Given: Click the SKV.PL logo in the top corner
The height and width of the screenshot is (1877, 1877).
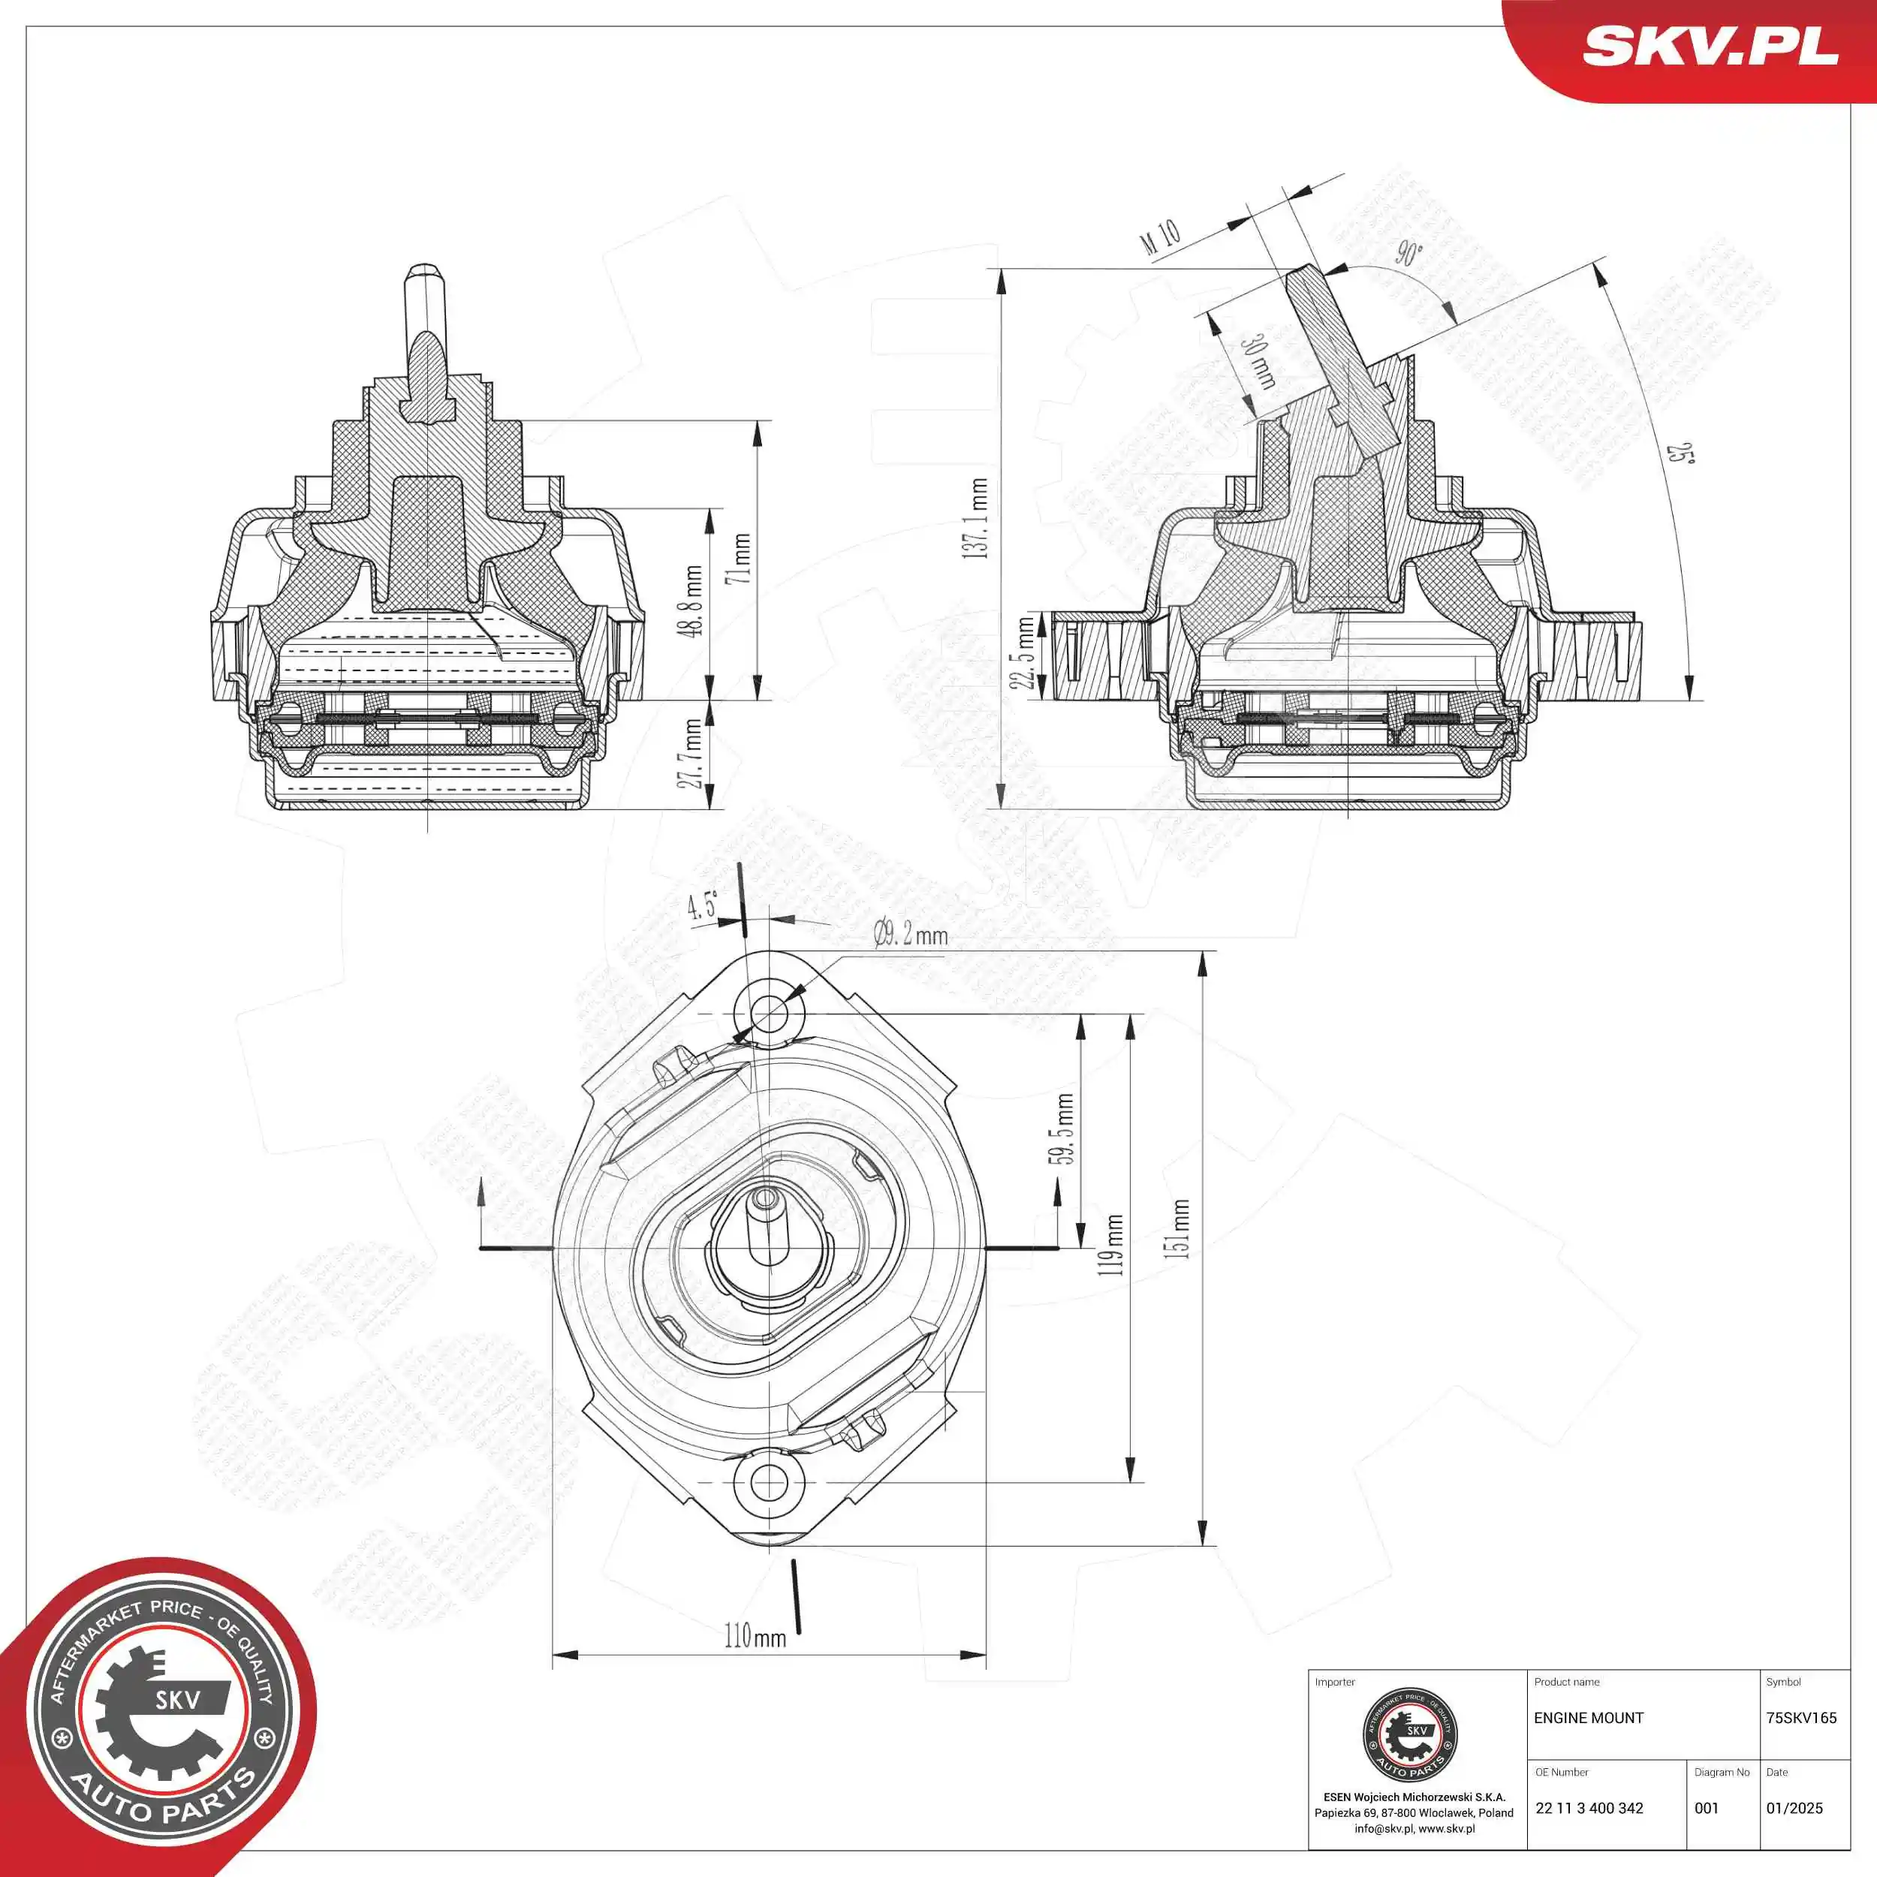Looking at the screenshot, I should [x=1710, y=47].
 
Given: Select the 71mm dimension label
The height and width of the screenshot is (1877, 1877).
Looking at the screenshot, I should [x=743, y=558].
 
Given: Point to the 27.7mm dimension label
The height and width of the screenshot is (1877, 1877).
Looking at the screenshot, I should [x=691, y=753].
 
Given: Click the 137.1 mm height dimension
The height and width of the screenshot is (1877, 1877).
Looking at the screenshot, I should [x=978, y=518].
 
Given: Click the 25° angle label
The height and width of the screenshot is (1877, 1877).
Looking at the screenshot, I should [x=1679, y=453].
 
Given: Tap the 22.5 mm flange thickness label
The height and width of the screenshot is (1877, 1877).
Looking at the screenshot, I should [x=1024, y=653].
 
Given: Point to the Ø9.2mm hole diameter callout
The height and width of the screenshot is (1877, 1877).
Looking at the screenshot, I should [x=910, y=935].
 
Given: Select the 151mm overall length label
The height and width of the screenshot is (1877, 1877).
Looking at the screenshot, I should [x=1179, y=1229].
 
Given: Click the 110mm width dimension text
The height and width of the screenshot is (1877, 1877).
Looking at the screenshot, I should [x=755, y=1636].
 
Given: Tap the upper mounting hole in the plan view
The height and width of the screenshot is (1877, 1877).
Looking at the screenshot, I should [x=770, y=1014].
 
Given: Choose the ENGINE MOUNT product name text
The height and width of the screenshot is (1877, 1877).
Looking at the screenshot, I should [x=1589, y=1718].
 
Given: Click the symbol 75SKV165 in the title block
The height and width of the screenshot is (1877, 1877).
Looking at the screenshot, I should [x=1801, y=1718].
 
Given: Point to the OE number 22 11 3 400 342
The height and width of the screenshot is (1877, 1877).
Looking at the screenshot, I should [x=1589, y=1808].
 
